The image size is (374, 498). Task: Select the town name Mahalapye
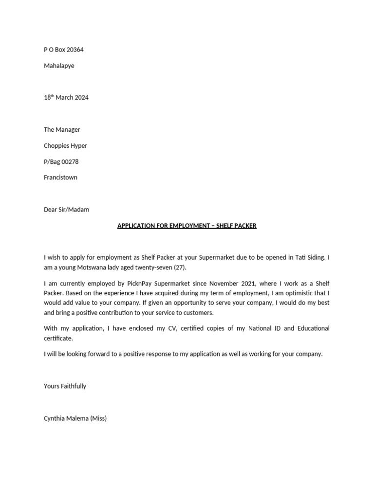click(59, 66)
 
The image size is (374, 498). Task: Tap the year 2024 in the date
click(81, 97)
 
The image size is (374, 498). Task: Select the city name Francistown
click(60, 178)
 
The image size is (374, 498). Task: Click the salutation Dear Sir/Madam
click(66, 210)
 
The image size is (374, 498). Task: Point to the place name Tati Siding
click(312, 257)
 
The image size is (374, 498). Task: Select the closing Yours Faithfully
click(65, 386)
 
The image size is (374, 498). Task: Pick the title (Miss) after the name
click(98, 418)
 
